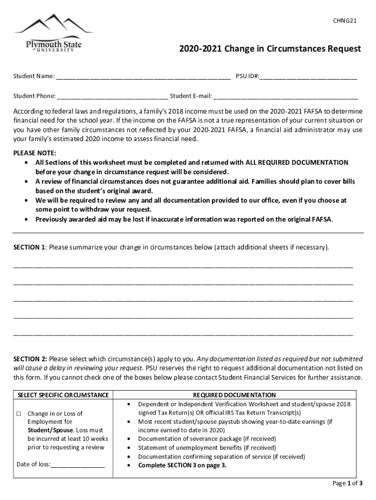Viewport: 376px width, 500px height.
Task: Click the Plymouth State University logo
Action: [x=54, y=35]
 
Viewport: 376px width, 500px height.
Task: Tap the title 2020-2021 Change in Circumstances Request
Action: [x=270, y=49]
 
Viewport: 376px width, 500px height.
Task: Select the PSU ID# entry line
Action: [x=309, y=77]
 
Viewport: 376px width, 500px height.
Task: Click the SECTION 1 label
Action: [x=29, y=247]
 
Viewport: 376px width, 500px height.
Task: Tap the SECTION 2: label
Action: [x=30, y=359]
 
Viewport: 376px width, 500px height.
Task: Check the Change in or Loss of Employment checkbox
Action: [x=19, y=414]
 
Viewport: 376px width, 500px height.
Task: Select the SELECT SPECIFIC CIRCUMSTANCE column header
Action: [x=63, y=395]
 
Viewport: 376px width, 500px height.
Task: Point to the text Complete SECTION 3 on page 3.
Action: [x=182, y=465]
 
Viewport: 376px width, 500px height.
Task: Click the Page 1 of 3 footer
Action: [x=347, y=483]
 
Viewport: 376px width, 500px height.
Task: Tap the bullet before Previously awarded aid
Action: [x=26, y=219]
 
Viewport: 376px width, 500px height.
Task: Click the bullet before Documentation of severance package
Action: [x=128, y=439]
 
